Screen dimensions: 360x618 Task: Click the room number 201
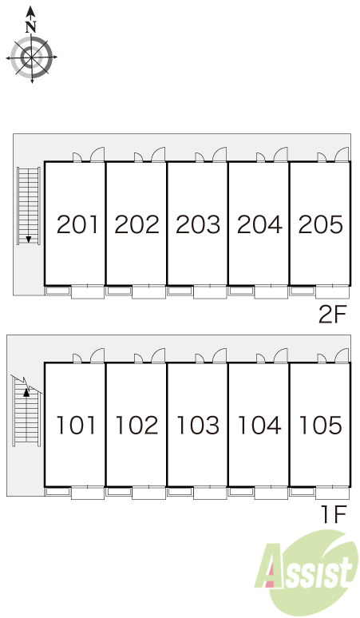coord(77,224)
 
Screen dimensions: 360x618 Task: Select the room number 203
coord(198,224)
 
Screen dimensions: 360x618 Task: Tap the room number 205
coord(320,224)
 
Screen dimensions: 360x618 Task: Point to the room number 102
coord(136,426)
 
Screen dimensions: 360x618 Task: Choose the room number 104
coord(259,426)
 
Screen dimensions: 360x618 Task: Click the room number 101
coord(76,426)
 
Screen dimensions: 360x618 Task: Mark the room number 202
coord(136,224)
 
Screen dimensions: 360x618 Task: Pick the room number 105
coord(320,426)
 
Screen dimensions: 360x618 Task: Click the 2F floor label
coord(332,315)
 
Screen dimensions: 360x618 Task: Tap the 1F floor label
coord(334,514)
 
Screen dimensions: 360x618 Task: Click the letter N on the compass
coord(30,27)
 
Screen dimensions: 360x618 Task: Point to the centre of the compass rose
coord(31,57)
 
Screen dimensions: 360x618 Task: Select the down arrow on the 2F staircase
coord(29,239)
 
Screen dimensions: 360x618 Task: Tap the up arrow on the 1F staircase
coord(26,392)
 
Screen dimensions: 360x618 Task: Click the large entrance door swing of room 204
coord(281,154)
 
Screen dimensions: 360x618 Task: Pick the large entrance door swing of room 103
coord(220,355)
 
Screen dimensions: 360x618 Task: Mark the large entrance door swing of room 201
coord(97,154)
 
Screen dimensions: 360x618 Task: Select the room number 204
coord(259,224)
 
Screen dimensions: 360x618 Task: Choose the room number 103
coord(198,426)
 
